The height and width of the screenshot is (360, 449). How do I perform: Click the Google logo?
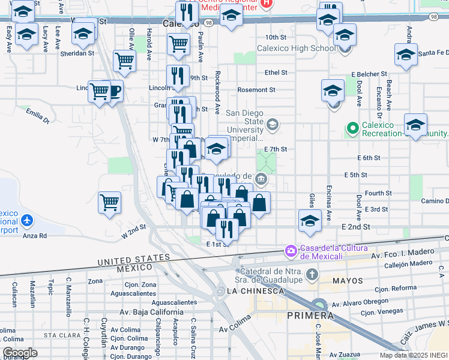coord(20,353)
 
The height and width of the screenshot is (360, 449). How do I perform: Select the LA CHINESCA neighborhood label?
coord(255,291)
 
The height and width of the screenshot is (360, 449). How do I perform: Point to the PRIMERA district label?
coord(310,316)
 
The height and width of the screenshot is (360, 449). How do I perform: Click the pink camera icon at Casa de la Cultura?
coord(291,250)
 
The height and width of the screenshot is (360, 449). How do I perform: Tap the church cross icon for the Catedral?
coord(312,275)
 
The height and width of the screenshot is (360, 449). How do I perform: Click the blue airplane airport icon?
coord(26,220)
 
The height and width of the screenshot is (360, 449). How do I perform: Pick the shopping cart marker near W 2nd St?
coord(109,202)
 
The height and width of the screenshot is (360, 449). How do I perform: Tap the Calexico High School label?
coord(297,49)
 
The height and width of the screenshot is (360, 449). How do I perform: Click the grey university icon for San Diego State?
coord(273,124)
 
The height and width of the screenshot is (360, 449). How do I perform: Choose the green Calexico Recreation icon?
coord(352,128)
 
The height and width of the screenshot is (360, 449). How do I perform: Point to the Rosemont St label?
coord(256,90)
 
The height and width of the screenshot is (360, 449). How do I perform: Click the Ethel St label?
coord(276,73)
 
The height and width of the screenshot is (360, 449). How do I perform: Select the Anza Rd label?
coord(35,236)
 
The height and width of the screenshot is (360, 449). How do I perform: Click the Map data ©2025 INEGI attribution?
coord(414,355)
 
